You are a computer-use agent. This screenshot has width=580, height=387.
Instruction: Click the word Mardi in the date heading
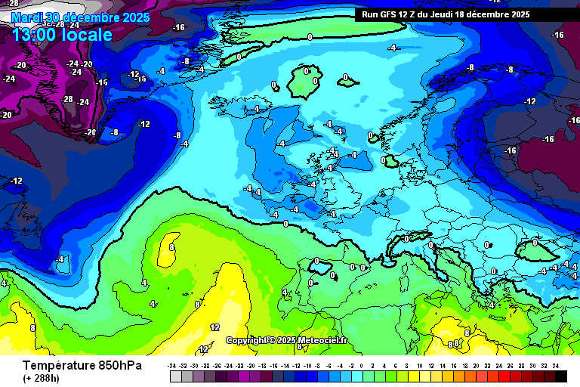coord(29,17)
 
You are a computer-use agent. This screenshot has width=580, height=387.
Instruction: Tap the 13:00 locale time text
coord(63,35)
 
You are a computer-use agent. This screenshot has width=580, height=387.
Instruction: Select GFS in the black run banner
coord(394,14)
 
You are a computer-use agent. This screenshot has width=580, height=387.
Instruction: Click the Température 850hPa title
coord(72,365)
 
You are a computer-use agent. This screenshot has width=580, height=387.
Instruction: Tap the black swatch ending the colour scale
coord(561,376)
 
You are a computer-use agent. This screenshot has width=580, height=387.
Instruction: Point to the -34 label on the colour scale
coord(173,365)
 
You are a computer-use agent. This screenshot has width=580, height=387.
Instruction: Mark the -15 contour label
coord(101,82)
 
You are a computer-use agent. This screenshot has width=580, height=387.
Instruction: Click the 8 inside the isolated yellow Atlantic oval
coord(171,246)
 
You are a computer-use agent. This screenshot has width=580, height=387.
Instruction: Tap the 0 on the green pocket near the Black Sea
coord(535,243)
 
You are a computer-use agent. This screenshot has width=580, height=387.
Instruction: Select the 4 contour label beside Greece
coord(492,305)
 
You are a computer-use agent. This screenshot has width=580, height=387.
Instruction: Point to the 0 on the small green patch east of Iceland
coord(345,77)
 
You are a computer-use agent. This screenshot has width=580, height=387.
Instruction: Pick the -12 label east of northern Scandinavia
coord(530,101)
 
